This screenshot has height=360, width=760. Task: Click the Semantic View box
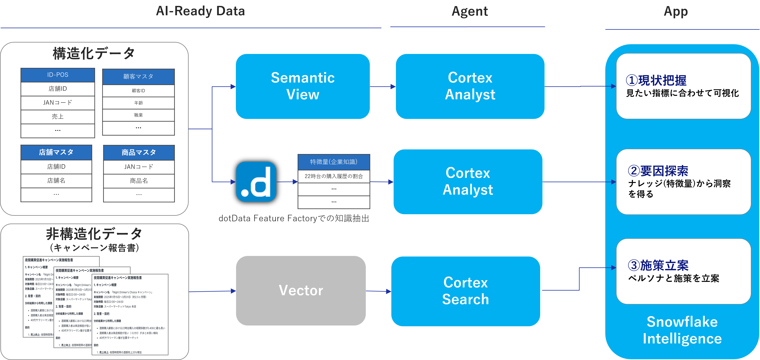[x=303, y=86]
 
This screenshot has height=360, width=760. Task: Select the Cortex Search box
[x=466, y=291]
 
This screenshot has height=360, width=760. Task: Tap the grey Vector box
[x=301, y=291]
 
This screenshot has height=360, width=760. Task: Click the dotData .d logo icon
[x=256, y=181]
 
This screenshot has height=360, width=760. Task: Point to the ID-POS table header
[x=58, y=75]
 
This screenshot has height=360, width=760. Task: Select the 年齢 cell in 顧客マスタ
[x=138, y=103]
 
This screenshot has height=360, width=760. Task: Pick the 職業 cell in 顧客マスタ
[x=138, y=115]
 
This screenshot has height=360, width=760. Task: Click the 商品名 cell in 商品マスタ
[x=139, y=181]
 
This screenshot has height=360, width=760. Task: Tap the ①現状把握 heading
[x=656, y=80]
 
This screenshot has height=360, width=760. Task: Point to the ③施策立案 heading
[x=658, y=265]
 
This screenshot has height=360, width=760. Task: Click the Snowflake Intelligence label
[x=682, y=330]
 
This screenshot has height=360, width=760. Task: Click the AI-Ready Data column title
[x=200, y=11]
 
